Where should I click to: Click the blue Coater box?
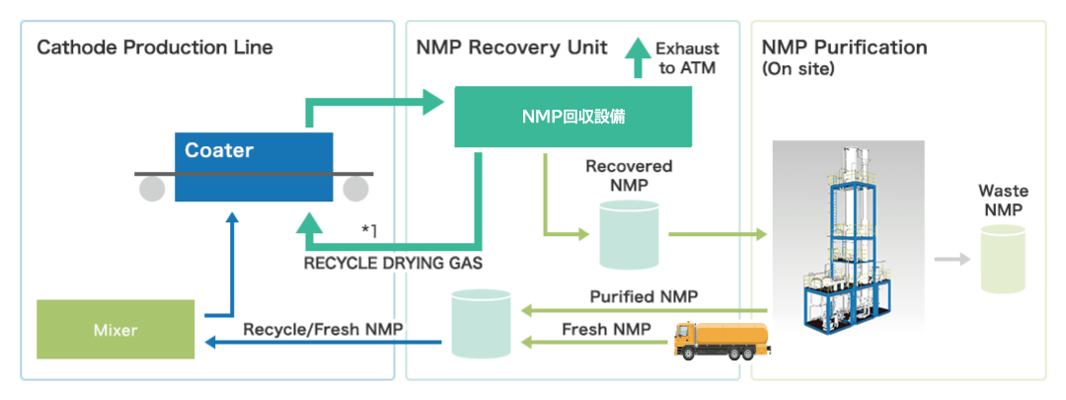click(x=254, y=167)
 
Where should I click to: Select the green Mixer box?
click(x=115, y=329)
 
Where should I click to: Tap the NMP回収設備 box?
click(x=573, y=117)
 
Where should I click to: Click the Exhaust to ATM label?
click(x=687, y=58)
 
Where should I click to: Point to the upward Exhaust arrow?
click(x=638, y=58)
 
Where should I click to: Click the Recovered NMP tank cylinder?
click(x=630, y=234)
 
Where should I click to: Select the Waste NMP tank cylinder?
click(x=1003, y=259)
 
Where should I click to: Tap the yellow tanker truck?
click(x=722, y=340)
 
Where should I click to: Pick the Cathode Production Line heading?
click(x=154, y=47)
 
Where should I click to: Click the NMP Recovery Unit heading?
click(x=512, y=47)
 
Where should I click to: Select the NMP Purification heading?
click(x=844, y=47)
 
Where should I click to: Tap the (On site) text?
click(x=798, y=69)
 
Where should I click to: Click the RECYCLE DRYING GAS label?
click(x=393, y=264)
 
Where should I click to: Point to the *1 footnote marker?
click(x=369, y=230)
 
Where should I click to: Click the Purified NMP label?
click(x=644, y=296)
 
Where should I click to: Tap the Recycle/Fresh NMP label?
click(x=324, y=329)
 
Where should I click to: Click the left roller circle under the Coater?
click(x=152, y=189)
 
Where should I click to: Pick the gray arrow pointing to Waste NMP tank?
click(x=952, y=259)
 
